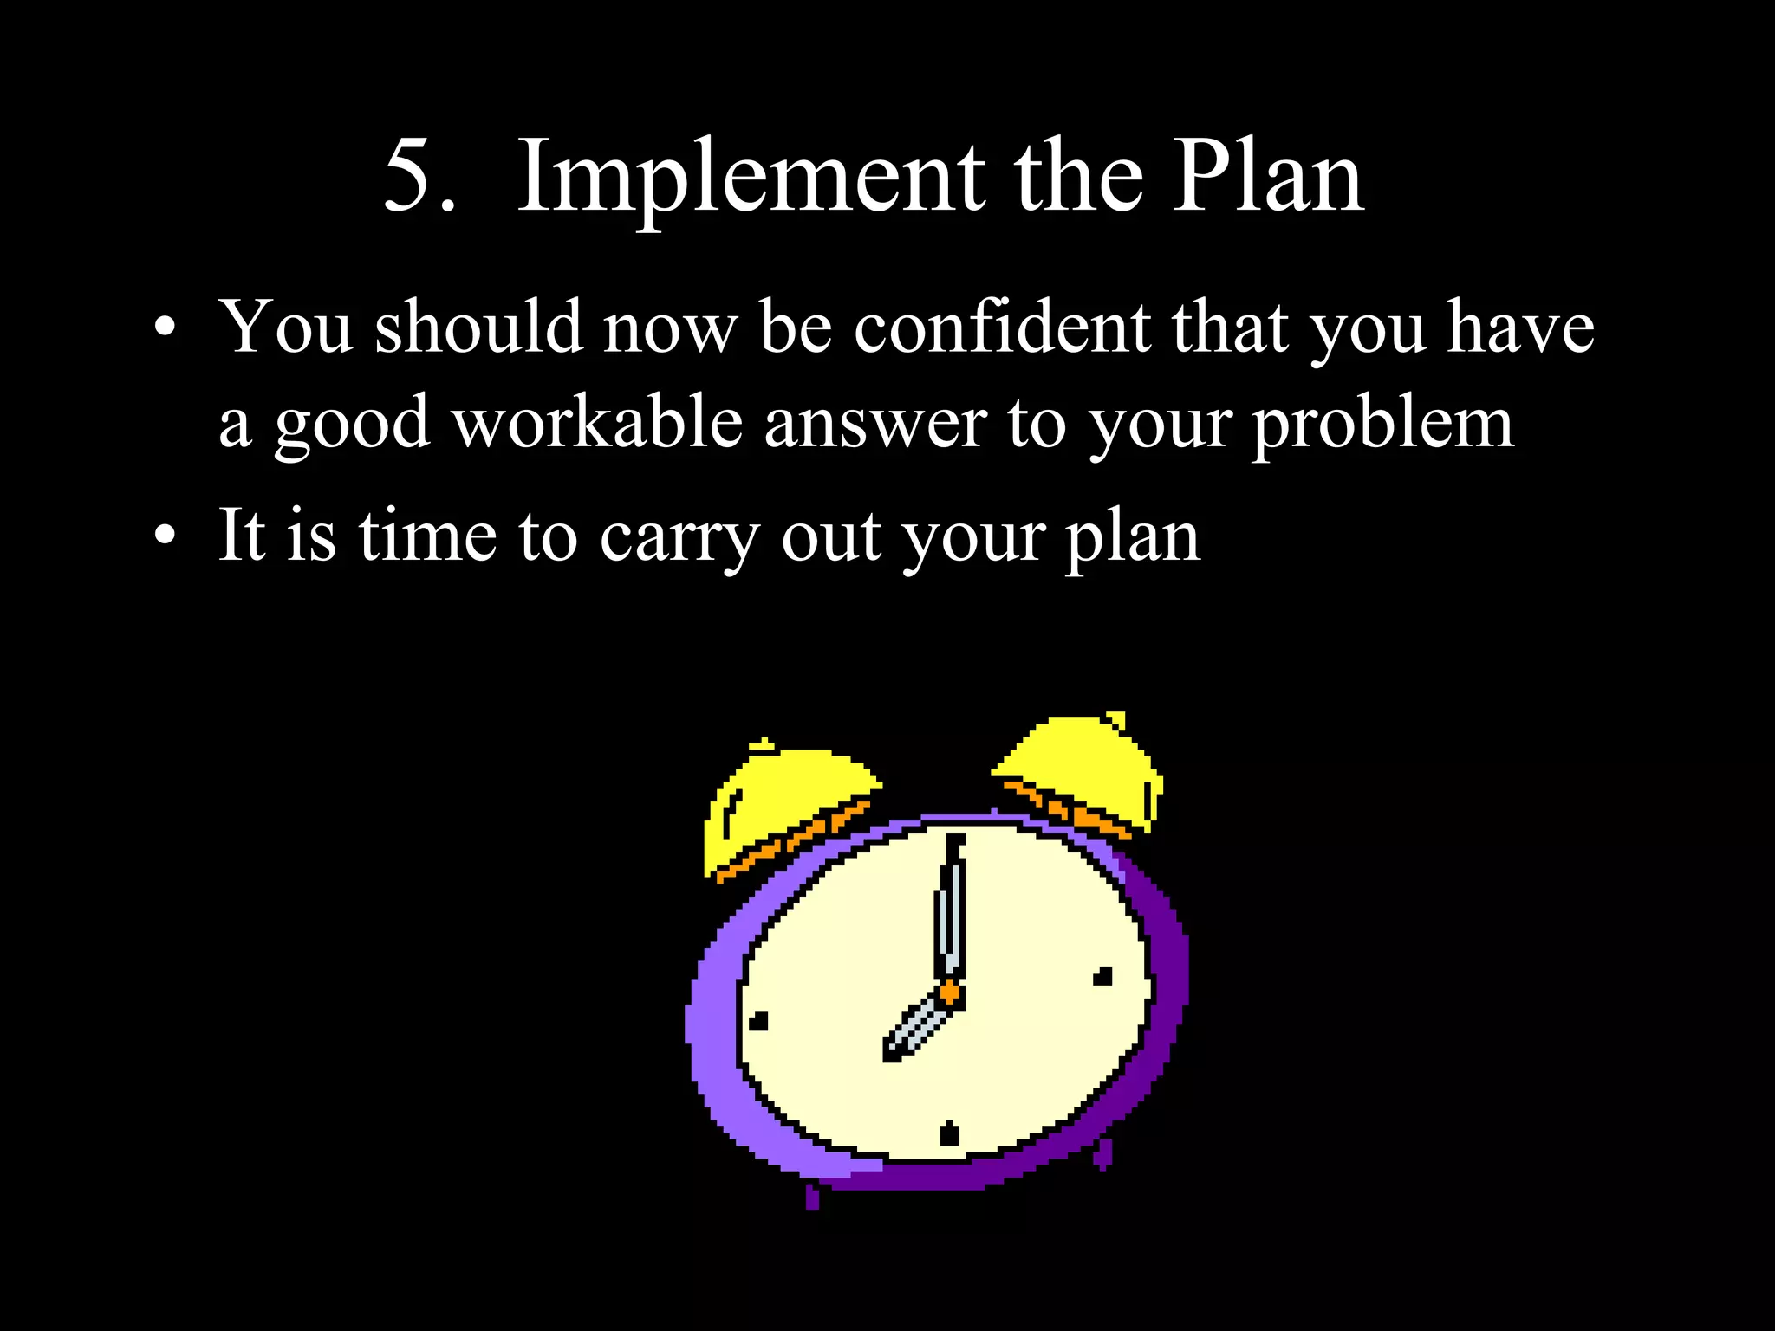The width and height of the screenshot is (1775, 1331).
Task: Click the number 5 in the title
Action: pos(411,176)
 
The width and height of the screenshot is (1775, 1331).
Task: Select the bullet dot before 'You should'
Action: pos(165,329)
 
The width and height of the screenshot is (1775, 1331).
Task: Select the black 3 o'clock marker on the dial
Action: pos(1102,977)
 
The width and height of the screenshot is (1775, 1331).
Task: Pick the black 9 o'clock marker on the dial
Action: pos(758,1022)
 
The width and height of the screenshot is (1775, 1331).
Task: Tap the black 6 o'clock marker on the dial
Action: pos(950,1133)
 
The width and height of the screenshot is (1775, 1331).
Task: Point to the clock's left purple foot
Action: pos(812,1197)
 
